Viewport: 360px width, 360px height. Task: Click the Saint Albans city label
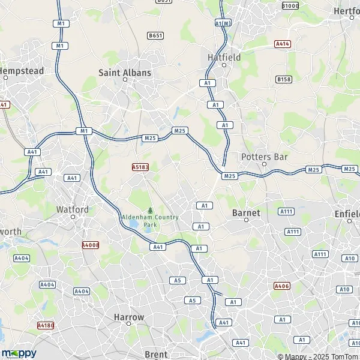click(x=125, y=72)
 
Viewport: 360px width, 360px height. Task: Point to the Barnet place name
click(x=246, y=212)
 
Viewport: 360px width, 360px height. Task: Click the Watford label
click(x=72, y=209)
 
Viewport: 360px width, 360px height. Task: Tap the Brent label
click(x=156, y=354)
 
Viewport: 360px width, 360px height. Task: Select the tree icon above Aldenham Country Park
click(x=150, y=210)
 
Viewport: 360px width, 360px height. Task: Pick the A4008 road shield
click(x=89, y=245)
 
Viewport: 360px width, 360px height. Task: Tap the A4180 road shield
click(x=45, y=325)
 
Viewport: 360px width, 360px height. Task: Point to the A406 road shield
click(x=281, y=286)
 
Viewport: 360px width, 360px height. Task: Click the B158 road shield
click(x=284, y=79)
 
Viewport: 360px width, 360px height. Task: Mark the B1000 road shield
click(x=290, y=5)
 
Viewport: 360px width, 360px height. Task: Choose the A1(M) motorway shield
click(x=222, y=23)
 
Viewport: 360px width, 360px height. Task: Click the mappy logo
click(x=19, y=353)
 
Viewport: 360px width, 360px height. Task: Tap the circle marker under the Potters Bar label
click(x=264, y=164)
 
